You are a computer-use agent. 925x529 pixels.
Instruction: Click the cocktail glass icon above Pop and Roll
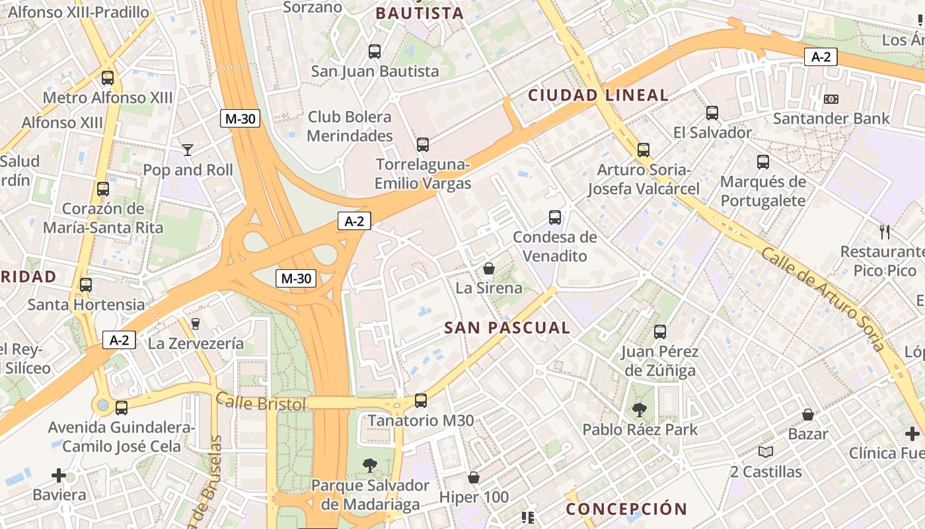pyautogui.click(x=188, y=150)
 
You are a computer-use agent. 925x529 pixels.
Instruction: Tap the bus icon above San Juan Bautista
pyautogui.click(x=375, y=51)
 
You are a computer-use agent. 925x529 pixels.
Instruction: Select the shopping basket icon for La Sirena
pyautogui.click(x=489, y=268)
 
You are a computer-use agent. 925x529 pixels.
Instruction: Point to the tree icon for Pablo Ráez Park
pyautogui.click(x=640, y=410)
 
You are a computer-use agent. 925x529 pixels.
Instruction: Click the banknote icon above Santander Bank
pyautogui.click(x=831, y=99)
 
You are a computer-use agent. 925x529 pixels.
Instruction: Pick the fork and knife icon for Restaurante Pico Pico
pyautogui.click(x=885, y=232)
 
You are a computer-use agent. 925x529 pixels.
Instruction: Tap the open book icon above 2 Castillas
pyautogui.click(x=766, y=452)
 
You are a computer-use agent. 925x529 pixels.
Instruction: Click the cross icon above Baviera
pyautogui.click(x=59, y=475)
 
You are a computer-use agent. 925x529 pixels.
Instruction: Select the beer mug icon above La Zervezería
pyautogui.click(x=195, y=324)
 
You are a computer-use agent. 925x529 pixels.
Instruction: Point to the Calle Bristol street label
pyautogui.click(x=261, y=402)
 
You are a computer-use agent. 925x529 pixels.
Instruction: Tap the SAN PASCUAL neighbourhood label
pyautogui.click(x=507, y=328)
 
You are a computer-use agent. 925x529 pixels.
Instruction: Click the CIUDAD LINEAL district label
pyautogui.click(x=598, y=95)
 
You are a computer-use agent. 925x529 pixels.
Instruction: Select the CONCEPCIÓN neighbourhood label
pyautogui.click(x=626, y=509)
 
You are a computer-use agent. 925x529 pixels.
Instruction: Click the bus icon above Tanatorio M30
pyautogui.click(x=420, y=401)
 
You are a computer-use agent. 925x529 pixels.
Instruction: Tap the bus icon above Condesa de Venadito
pyautogui.click(x=555, y=217)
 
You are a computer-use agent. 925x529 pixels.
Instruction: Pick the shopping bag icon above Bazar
pyautogui.click(x=807, y=415)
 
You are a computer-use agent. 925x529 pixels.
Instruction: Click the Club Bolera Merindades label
pyautogui.click(x=350, y=126)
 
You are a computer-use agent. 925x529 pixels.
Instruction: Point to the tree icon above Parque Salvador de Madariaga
pyautogui.click(x=370, y=466)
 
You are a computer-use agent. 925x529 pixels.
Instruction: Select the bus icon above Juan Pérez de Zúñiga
pyautogui.click(x=659, y=332)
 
